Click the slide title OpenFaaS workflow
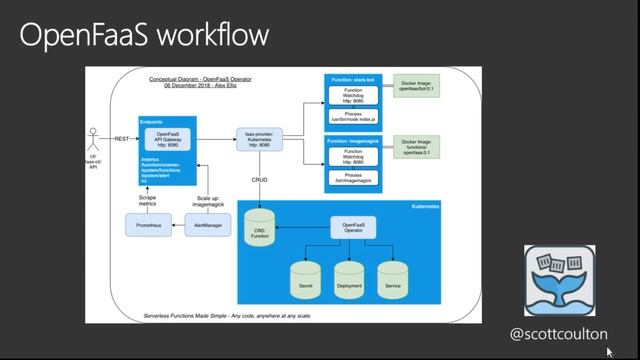(144, 35)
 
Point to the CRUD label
(259, 181)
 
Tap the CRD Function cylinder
(259, 229)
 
